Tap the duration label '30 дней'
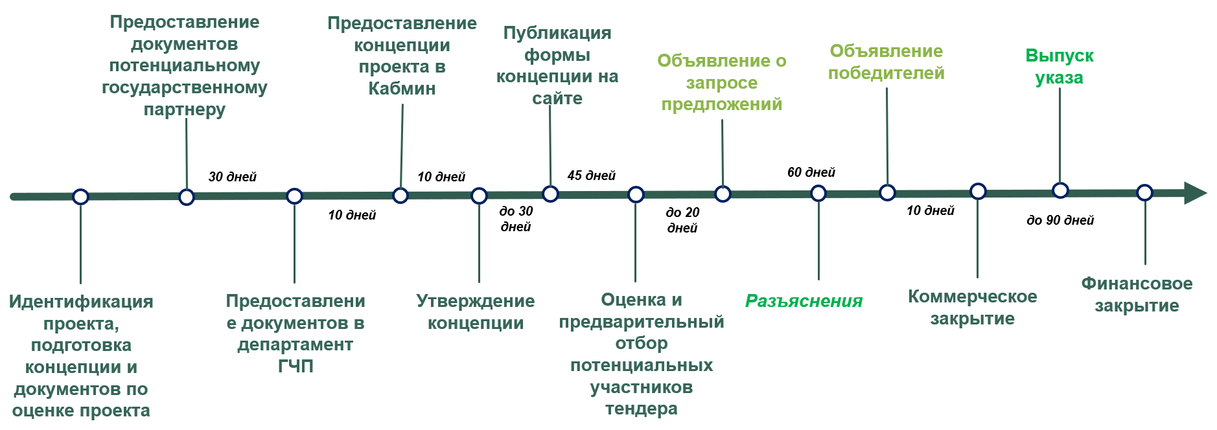232,177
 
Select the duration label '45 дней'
591,175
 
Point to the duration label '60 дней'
811,172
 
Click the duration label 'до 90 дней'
1060,220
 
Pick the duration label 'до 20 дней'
682,220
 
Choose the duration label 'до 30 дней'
516,219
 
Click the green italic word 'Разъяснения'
804,301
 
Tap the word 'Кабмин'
402,89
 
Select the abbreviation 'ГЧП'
296,367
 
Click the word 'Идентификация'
81,302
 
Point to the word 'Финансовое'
1137,284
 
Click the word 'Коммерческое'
972,297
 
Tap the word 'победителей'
886,73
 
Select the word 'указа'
1059,78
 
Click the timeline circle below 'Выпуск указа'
1060,190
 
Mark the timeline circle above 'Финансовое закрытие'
1145,192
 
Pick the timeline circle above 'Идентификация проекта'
80,197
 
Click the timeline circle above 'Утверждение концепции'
479,196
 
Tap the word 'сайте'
557,98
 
